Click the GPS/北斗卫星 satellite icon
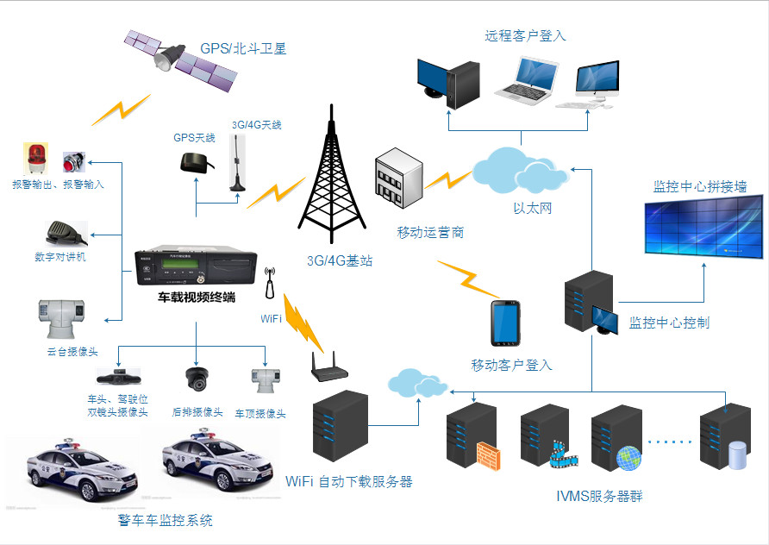(182, 60)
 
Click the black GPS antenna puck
(192, 161)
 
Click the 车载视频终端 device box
(196, 266)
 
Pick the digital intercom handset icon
(66, 233)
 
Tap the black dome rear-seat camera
(197, 379)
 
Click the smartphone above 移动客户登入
(506, 323)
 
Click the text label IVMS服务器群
(599, 496)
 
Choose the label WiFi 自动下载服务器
(349, 480)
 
